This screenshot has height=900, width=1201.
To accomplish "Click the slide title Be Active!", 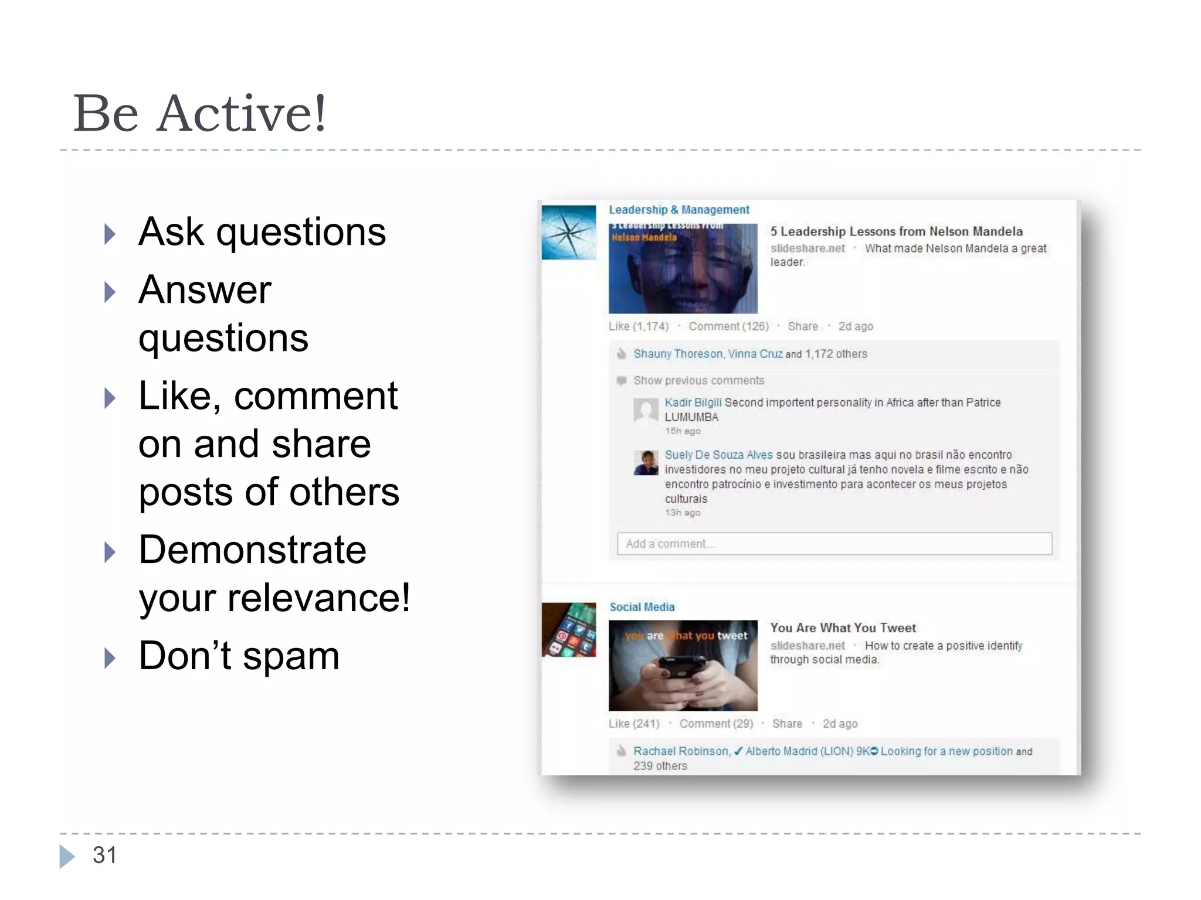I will [x=199, y=114].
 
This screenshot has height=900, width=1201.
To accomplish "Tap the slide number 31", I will [x=104, y=855].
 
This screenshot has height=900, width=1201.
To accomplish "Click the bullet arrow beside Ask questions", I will [x=110, y=234].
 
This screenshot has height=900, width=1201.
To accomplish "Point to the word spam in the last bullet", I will [x=291, y=656].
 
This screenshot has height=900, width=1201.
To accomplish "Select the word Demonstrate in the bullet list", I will [x=252, y=550].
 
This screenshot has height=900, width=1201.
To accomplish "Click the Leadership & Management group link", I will [x=678, y=210].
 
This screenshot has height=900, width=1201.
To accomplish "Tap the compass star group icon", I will [x=568, y=232].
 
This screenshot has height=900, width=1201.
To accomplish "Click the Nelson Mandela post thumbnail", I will [x=683, y=268].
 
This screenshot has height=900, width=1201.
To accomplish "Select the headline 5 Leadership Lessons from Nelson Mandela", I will [x=896, y=231].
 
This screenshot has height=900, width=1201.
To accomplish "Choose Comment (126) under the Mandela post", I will [x=728, y=326].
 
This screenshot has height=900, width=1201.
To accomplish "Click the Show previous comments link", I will [x=698, y=381].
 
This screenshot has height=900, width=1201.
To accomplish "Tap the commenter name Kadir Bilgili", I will [x=693, y=403].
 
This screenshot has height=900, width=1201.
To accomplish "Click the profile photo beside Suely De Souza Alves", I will [x=646, y=463].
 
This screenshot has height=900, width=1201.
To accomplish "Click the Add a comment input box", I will [x=834, y=544].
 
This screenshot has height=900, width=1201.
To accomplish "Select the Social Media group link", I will [x=642, y=607].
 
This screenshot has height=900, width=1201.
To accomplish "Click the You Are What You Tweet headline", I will [x=843, y=628].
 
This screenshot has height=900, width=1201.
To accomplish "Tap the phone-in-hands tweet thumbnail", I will [x=683, y=666].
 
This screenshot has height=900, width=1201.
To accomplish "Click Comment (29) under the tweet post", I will [x=716, y=724].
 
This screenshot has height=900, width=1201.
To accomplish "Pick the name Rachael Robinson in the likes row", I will [x=680, y=751].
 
